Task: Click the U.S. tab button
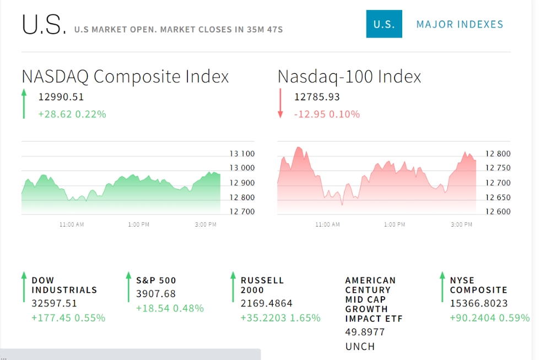384,24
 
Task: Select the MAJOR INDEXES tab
460,24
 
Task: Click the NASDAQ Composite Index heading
125,76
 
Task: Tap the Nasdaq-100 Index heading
349,76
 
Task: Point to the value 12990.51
61,97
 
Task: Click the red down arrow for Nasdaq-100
280,103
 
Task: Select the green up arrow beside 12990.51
24,104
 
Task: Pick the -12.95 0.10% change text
327,114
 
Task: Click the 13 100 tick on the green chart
242,154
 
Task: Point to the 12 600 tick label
498,212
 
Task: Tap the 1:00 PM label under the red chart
395,224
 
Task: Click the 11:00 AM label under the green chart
72,224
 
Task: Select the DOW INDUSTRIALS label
64,285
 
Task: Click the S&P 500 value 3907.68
156,294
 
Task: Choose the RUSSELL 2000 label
262,285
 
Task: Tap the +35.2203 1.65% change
280,318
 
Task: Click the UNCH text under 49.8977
360,346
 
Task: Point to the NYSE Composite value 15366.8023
479,303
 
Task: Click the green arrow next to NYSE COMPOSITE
442,287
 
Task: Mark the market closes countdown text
179,29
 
